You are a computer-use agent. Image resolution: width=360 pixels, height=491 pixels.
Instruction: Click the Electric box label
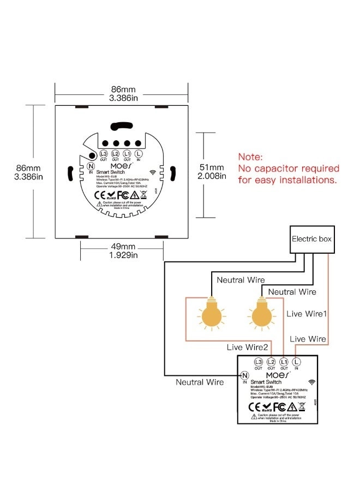[x=311, y=239]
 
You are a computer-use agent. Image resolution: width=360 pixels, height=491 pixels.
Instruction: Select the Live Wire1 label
[x=307, y=314]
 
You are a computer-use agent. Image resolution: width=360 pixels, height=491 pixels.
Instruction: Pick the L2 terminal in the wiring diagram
[x=271, y=362]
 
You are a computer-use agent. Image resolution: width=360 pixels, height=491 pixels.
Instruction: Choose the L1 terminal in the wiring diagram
[x=284, y=362]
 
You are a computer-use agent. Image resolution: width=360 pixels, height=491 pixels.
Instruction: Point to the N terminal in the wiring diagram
[x=245, y=375]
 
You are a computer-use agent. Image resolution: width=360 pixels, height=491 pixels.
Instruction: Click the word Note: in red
[x=250, y=157]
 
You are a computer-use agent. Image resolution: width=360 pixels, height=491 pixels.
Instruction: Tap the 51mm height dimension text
[x=212, y=167]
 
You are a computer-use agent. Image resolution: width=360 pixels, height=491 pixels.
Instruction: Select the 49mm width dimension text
[x=122, y=247]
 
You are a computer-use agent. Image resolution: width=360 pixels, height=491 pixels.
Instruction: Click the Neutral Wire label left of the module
[x=200, y=382]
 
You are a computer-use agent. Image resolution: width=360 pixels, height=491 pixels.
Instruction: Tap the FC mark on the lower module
[x=279, y=407]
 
